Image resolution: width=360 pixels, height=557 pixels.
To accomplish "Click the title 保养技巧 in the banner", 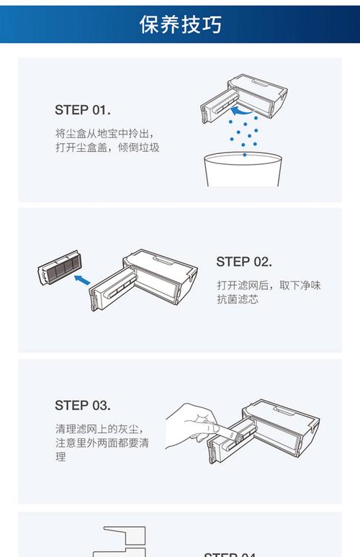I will [x=180, y=24].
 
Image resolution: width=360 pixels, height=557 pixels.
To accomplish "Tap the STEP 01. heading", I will [x=82, y=110].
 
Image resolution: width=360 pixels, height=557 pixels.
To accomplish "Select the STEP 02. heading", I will [x=243, y=262].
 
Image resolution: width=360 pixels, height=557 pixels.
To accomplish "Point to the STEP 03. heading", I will [x=82, y=405].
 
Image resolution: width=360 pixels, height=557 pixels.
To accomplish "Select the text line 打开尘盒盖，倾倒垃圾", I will [x=107, y=148].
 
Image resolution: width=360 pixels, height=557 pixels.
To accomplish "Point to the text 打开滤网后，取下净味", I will [x=268, y=285].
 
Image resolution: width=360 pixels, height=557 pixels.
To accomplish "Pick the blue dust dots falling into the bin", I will [x=245, y=134].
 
